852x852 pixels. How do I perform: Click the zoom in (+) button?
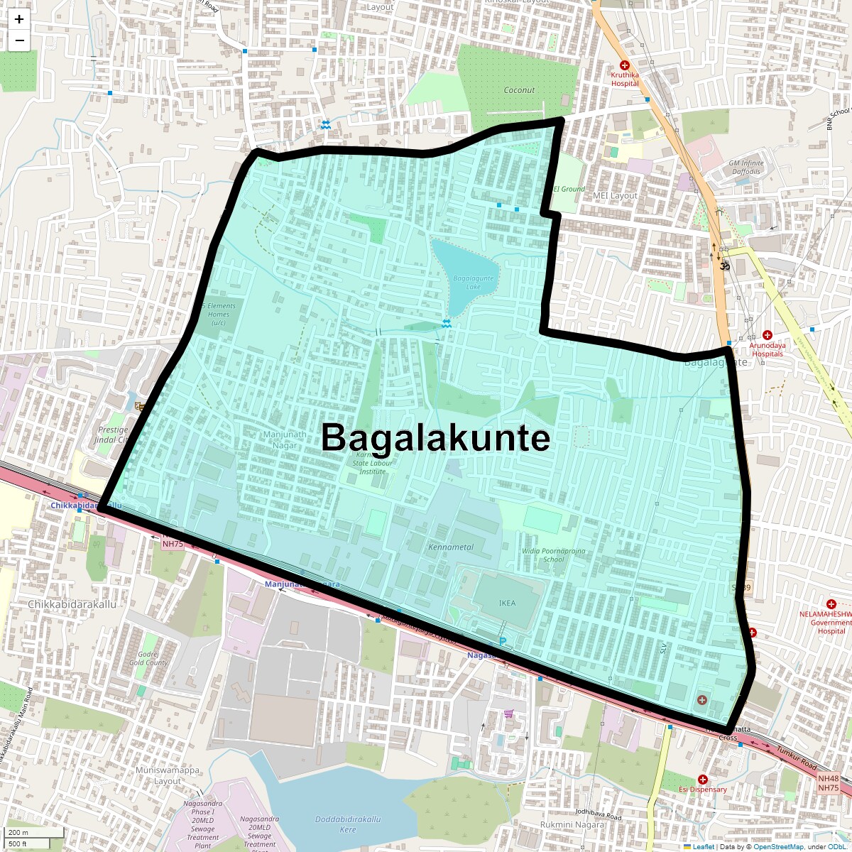19,20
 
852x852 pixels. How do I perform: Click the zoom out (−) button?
19,40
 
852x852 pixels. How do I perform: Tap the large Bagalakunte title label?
435,437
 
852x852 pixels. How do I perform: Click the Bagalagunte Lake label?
473,282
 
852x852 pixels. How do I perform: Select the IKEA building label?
507,603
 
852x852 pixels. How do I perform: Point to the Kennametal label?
451,547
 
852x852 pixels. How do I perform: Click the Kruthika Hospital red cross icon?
625,65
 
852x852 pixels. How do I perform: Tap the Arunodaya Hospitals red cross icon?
768,335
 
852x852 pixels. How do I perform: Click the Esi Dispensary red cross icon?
702,780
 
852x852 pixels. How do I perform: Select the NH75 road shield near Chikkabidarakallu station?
173,544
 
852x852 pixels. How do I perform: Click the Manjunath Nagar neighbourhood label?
285,439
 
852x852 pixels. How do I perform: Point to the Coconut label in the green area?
519,90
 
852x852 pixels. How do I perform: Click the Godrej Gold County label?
148,658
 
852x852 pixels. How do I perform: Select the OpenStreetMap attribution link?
779,846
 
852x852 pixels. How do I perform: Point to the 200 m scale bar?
28,832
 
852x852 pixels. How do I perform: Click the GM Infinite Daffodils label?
746,167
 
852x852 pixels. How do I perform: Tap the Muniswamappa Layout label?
168,775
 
